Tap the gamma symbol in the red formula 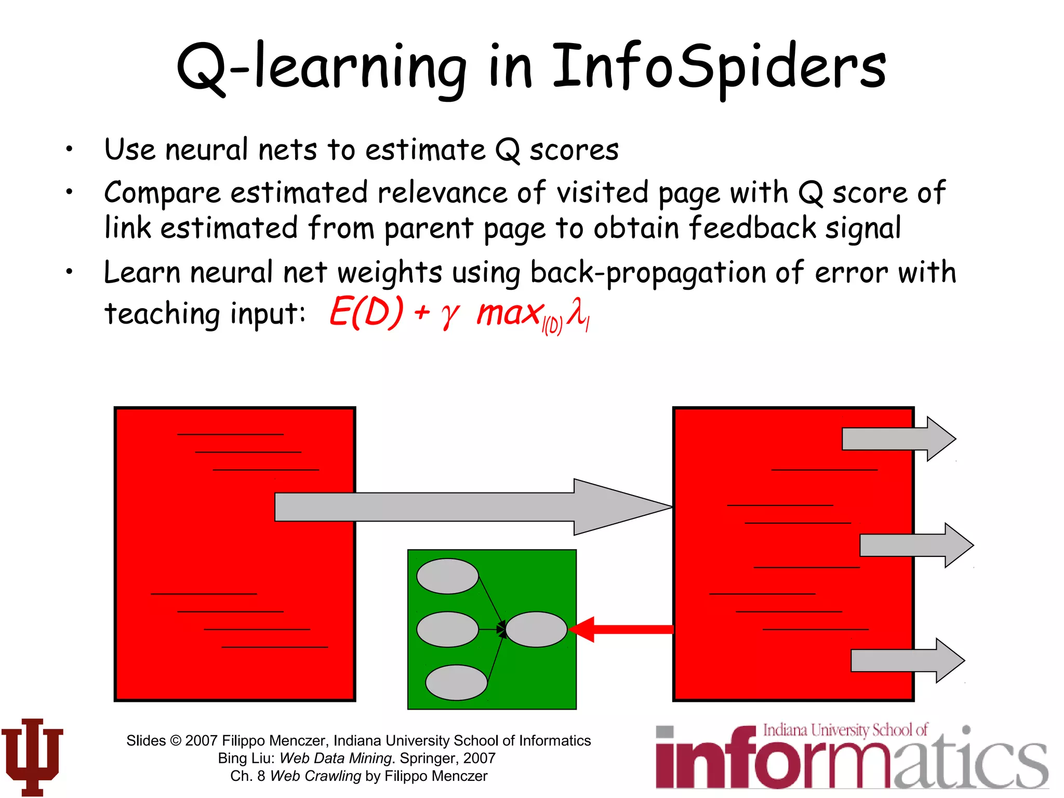point(450,314)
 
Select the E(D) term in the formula point(367,312)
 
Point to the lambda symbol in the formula point(577,312)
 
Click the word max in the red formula point(509,313)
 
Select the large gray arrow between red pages point(468,507)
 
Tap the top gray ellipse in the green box point(447,576)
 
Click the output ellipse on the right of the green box point(536,630)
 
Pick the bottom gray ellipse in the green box point(456,683)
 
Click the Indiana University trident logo point(32,756)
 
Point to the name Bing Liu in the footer point(245,759)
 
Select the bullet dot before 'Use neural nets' point(69,150)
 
